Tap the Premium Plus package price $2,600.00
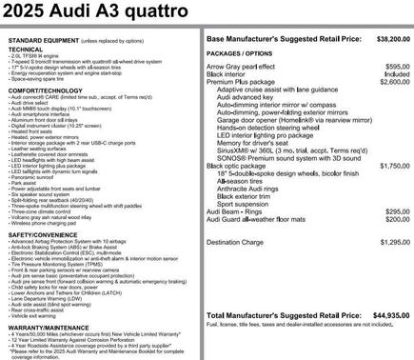pos(392,82)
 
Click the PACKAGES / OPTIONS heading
pos(243,54)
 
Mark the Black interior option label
pos(231,73)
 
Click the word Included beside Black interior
pos(397,73)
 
